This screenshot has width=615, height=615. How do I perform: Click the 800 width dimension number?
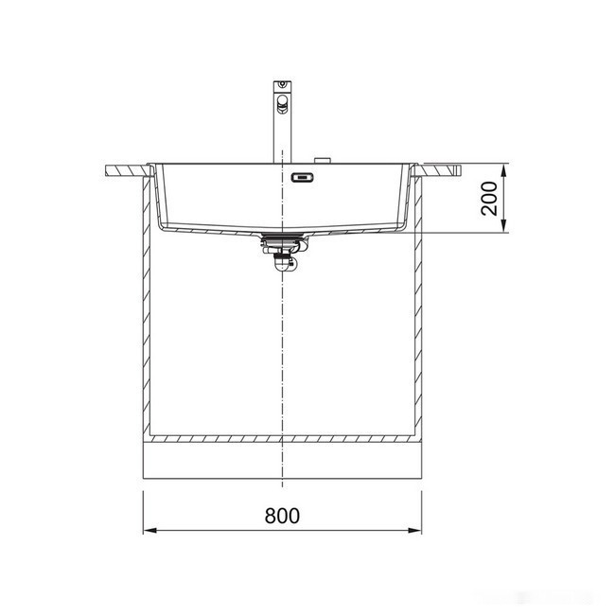pos(282,516)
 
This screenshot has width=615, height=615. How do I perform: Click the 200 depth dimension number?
pos(488,199)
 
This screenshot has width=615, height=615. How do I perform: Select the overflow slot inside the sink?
pos(304,177)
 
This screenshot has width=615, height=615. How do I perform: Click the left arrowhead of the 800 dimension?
pos(149,530)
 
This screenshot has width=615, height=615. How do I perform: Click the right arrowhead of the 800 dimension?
pos(415,530)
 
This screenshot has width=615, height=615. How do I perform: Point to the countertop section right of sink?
pos(441,169)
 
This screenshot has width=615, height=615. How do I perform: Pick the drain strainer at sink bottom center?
pos(281,237)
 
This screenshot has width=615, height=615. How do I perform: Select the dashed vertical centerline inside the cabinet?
pos(282,360)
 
